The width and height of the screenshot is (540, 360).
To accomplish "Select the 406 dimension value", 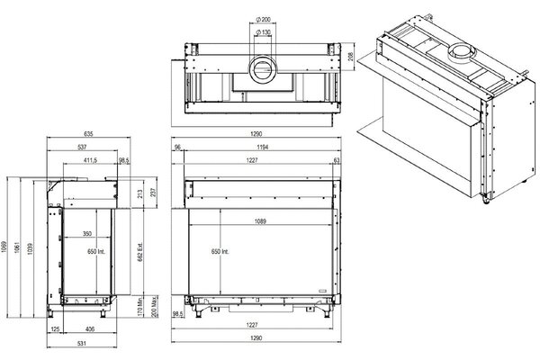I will (90, 328).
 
